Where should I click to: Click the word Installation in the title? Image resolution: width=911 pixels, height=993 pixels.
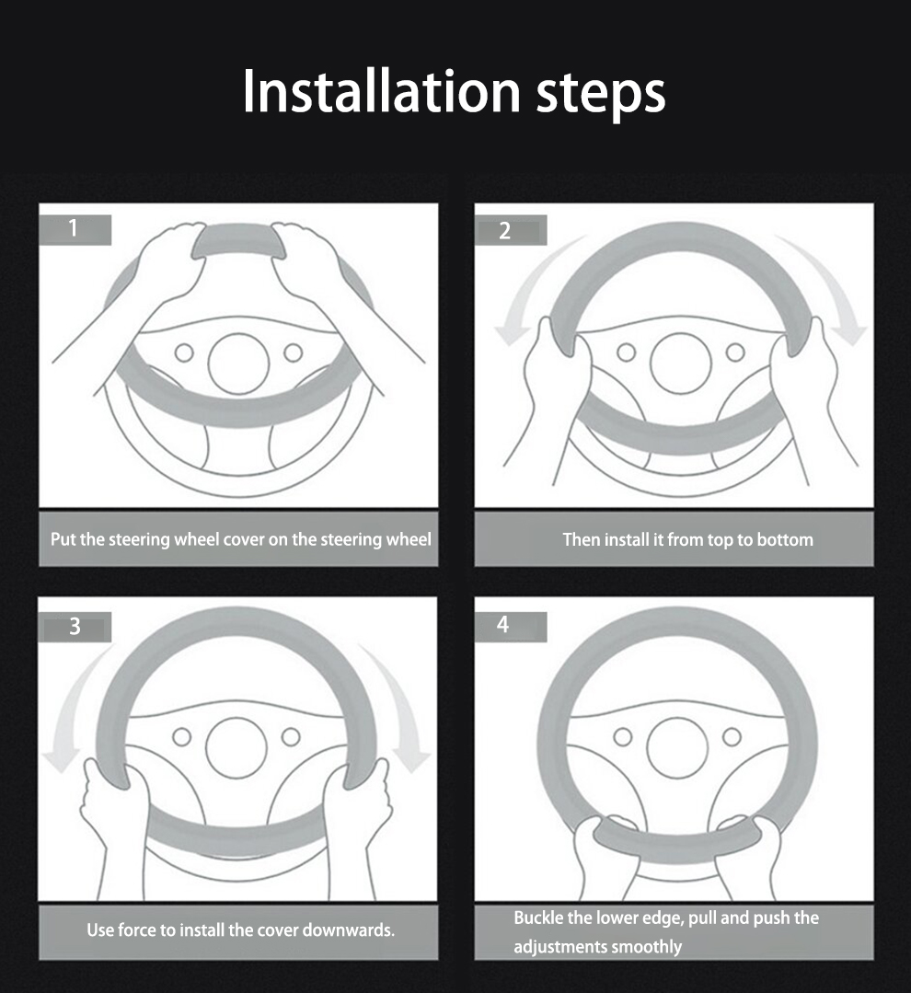(382, 91)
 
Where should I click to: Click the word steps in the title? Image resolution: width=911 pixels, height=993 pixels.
(601, 97)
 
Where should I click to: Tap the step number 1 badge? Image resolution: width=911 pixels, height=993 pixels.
(75, 229)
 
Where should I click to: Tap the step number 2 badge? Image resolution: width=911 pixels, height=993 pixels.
(511, 230)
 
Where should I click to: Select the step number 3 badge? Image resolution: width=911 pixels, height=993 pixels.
(75, 627)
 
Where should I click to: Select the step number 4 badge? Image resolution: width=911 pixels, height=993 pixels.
(511, 627)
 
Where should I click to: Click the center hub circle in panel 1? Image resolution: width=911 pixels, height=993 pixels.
(238, 364)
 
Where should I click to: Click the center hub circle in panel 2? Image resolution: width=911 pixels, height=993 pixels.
(681, 364)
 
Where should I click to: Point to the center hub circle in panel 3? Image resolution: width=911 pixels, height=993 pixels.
(236, 748)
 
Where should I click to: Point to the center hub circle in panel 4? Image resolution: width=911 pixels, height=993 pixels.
(677, 748)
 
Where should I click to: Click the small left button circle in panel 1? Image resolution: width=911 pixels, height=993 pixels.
(184, 352)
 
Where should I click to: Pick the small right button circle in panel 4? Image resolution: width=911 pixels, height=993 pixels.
(732, 736)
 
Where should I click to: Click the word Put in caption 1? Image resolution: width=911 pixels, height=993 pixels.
(63, 539)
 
